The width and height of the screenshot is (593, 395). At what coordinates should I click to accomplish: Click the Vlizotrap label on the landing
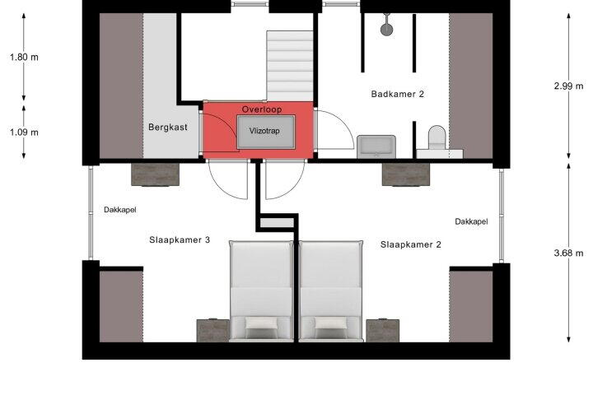pyautogui.click(x=264, y=131)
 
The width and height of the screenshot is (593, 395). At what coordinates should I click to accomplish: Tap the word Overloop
pyautogui.click(x=262, y=109)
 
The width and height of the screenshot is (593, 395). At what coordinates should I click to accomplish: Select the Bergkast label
pyautogui.click(x=168, y=127)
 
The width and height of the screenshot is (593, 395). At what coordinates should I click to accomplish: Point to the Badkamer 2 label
pyautogui.click(x=398, y=94)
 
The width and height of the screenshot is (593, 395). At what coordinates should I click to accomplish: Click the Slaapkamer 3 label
pyautogui.click(x=180, y=239)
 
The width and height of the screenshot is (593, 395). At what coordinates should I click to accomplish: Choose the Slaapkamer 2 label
pyautogui.click(x=411, y=244)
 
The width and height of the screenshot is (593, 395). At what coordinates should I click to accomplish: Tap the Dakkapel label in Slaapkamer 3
pyautogui.click(x=120, y=210)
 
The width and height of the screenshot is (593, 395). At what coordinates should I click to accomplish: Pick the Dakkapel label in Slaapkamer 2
pyautogui.click(x=471, y=221)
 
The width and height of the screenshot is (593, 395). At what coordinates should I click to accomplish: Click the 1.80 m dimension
pyautogui.click(x=24, y=57)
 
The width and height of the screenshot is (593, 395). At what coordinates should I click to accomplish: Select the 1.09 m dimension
pyautogui.click(x=24, y=132)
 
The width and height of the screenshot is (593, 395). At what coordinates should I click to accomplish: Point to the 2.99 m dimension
pyautogui.click(x=569, y=86)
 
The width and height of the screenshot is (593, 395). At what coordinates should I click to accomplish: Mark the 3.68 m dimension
pyautogui.click(x=569, y=253)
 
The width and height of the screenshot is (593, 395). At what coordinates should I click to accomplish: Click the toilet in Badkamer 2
pyautogui.click(x=437, y=138)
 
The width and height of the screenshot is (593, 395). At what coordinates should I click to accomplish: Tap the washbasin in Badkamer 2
pyautogui.click(x=376, y=146)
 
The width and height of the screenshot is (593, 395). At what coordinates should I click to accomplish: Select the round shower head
pyautogui.click(x=387, y=30)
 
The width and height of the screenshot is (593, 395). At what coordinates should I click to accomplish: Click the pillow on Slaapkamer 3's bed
pyautogui.click(x=261, y=323)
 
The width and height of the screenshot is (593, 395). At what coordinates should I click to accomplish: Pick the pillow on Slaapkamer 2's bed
pyautogui.click(x=331, y=323)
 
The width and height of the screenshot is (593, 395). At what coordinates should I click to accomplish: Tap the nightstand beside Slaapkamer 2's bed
pyautogui.click(x=383, y=331)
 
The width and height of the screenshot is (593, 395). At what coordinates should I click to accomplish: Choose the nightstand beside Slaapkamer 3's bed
pyautogui.click(x=213, y=331)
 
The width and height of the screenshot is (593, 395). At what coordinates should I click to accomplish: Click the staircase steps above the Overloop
pyautogui.click(x=290, y=66)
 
